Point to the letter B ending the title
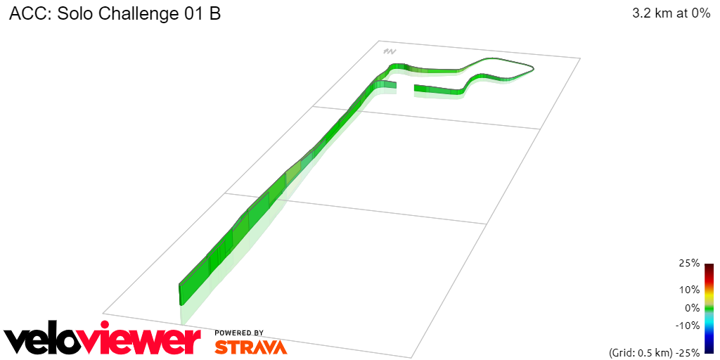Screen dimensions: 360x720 tap(214, 14)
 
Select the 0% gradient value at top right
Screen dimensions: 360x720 tap(700, 13)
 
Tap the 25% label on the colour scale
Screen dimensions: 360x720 tap(689, 263)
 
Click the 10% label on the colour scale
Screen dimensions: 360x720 tap(689, 290)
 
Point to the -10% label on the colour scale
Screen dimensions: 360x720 tap(687, 326)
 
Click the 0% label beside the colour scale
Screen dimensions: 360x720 tap(692, 307)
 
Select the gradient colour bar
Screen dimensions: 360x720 tap(709, 308)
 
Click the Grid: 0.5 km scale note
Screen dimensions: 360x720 tap(640, 352)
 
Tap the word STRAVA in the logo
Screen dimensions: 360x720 tap(250, 347)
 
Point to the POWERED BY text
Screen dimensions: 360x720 tap(239, 333)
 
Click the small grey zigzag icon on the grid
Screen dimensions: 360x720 tap(389, 51)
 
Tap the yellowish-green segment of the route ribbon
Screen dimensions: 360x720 tap(292, 176)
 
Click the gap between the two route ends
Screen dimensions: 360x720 tap(406, 88)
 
